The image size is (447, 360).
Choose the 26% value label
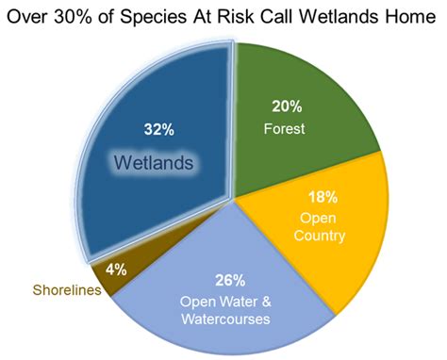tap(232, 279)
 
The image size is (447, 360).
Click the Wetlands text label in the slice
tap(154, 163)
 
